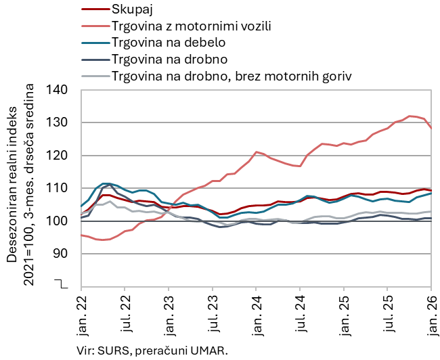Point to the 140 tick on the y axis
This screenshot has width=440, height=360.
click(60, 90)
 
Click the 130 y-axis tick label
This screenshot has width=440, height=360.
click(60, 122)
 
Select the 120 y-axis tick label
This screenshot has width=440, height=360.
click(60, 156)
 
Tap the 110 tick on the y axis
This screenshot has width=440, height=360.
click(60, 188)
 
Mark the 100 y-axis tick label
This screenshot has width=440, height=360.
click(60, 221)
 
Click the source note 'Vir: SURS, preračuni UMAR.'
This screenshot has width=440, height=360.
click(152, 350)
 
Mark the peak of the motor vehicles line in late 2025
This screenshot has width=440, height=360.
click(410, 116)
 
